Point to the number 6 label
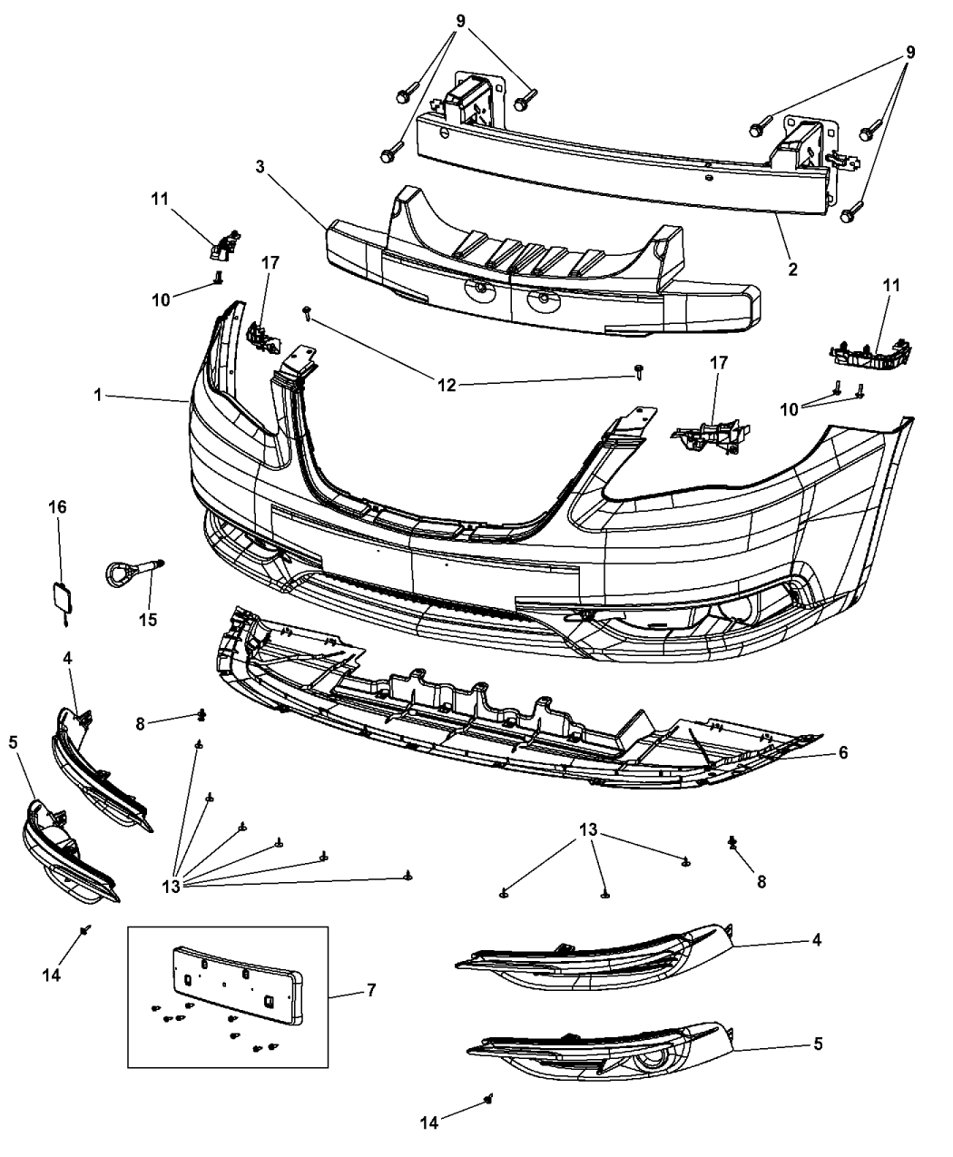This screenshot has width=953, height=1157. click(843, 752)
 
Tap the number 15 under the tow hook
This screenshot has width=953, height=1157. click(147, 621)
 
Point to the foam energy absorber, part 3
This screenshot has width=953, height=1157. click(545, 272)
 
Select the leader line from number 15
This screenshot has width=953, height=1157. click(147, 594)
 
